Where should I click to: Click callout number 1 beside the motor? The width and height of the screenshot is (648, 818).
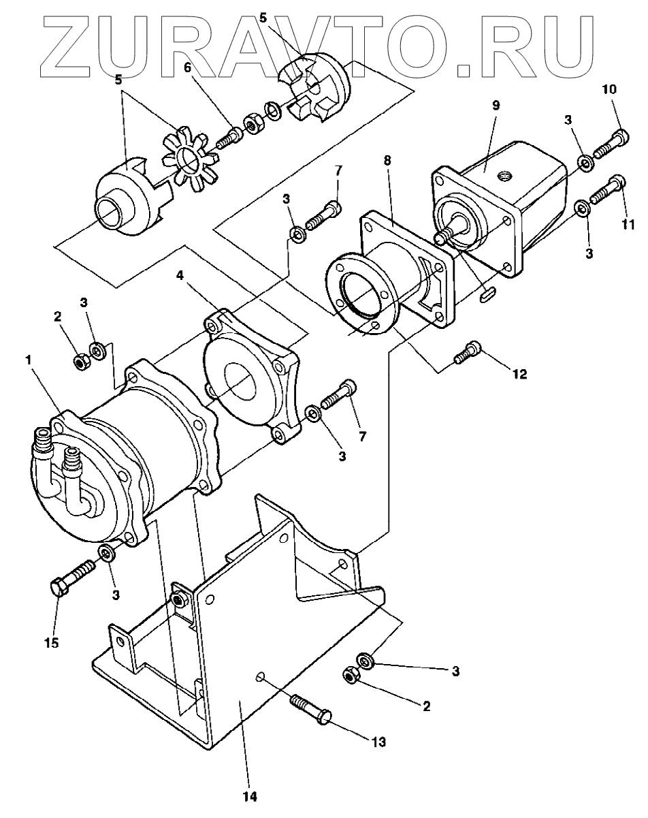[29, 360]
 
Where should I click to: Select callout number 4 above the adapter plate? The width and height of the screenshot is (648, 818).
[180, 275]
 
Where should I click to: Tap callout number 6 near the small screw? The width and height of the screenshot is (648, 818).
[187, 67]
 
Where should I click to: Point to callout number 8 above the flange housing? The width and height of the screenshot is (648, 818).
[387, 160]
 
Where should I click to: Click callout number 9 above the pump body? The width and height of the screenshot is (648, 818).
[496, 106]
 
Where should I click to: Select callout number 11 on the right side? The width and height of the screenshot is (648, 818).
[627, 225]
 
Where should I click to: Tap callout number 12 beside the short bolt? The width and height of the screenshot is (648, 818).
[519, 375]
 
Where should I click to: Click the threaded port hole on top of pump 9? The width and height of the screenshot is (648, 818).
[505, 176]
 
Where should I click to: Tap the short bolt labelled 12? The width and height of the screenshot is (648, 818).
[467, 352]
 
